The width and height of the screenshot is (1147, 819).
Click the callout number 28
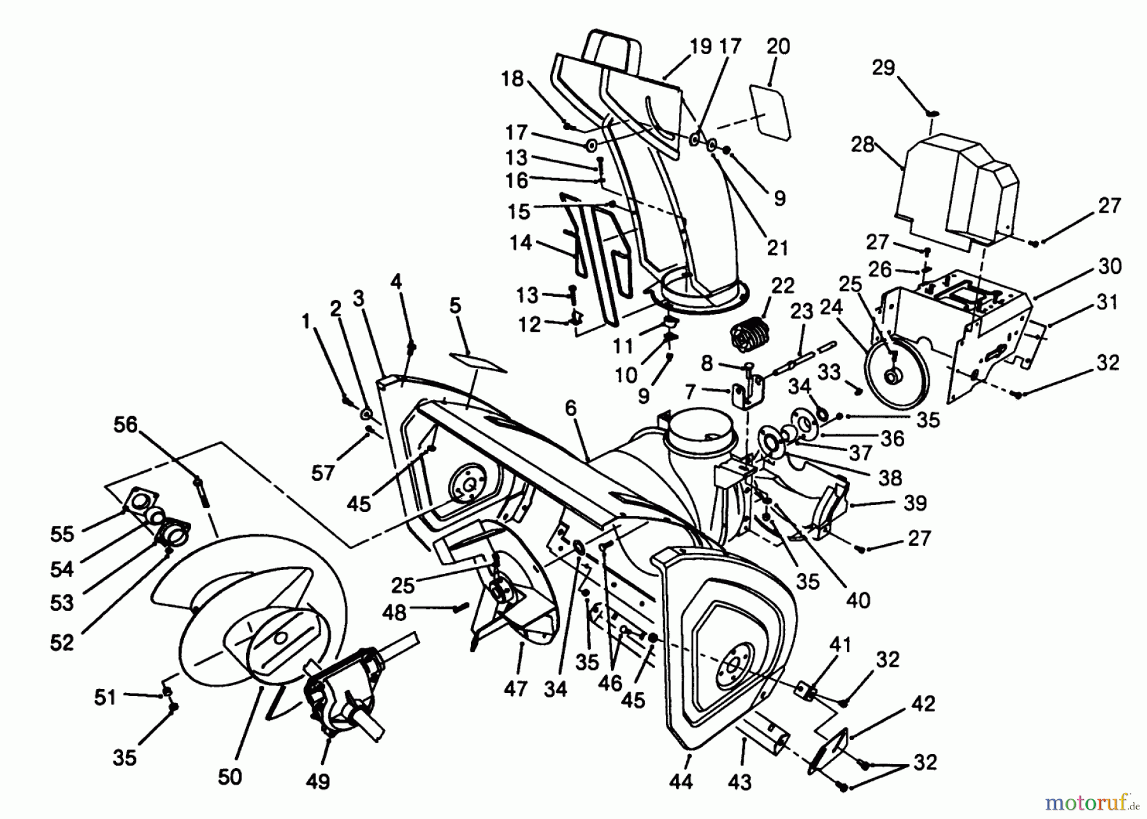pos(862,145)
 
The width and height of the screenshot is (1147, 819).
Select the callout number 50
pos(230,776)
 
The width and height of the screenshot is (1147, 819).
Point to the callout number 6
pos(570,408)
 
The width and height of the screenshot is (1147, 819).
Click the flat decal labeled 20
pos(770,111)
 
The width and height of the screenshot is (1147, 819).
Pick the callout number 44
pos(681,781)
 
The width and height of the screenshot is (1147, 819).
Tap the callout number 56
pos(126,425)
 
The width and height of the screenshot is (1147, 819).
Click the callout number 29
pos(883,68)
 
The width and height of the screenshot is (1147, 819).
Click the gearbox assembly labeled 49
pos(344,694)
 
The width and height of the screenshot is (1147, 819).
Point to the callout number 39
pos(915,503)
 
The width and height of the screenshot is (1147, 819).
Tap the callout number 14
pos(521,243)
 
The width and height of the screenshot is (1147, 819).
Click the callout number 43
pos(739,781)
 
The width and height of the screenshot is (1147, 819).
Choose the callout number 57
pos(323,473)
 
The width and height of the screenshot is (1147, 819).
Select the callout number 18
pos(512,79)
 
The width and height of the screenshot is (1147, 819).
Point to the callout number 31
pos(1107,302)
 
